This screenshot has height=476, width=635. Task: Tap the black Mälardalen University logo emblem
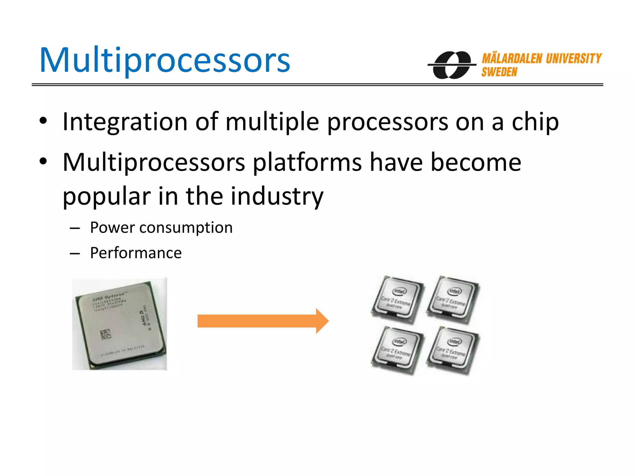tap(452, 65)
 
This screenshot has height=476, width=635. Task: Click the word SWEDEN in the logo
tap(499, 72)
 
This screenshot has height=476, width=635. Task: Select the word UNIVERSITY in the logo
tap(574, 59)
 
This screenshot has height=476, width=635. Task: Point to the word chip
tap(535, 122)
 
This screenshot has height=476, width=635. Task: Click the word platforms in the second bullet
tap(307, 162)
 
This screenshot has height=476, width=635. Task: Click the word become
tap(476, 162)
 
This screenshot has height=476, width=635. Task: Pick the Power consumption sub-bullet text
tap(161, 228)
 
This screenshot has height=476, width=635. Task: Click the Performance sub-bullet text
tap(136, 253)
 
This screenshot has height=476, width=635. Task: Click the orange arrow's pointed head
tap(322, 321)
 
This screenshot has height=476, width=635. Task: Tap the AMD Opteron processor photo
tap(120, 324)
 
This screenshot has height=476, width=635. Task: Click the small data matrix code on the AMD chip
tap(105, 334)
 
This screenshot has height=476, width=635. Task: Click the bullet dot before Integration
tap(43, 121)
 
